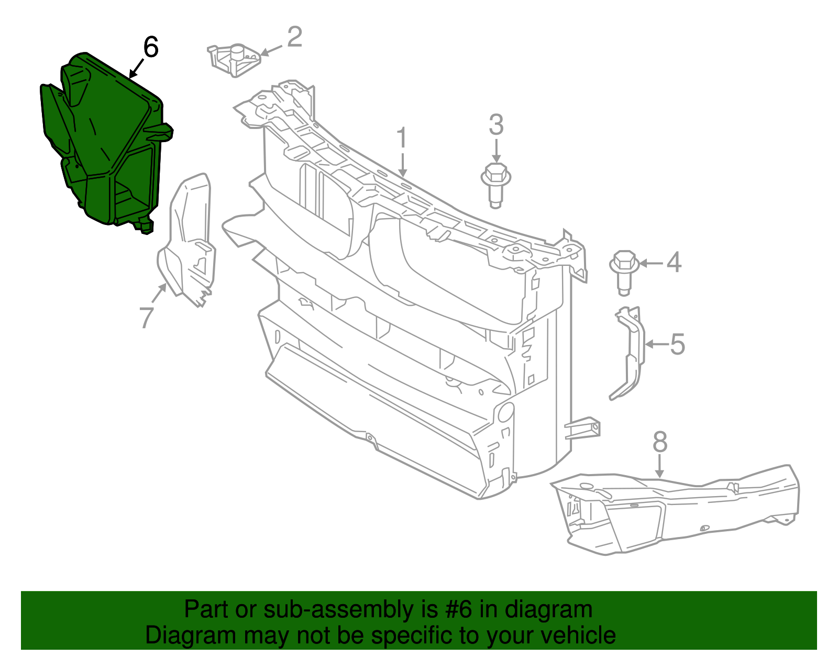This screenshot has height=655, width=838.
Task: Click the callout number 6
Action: tap(150, 47)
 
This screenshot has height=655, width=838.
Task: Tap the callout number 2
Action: tap(295, 37)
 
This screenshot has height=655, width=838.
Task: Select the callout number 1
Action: tap(402, 137)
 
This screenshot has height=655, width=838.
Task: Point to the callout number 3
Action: tap(496, 124)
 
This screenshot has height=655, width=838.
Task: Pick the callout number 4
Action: tap(674, 262)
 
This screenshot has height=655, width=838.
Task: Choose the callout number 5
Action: tap(678, 344)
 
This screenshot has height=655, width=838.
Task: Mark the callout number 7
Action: tap(147, 318)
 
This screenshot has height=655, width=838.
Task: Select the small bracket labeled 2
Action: tap(234, 61)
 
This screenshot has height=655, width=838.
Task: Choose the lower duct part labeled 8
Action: tap(675, 510)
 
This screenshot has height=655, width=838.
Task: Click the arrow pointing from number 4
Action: tap(652, 264)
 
